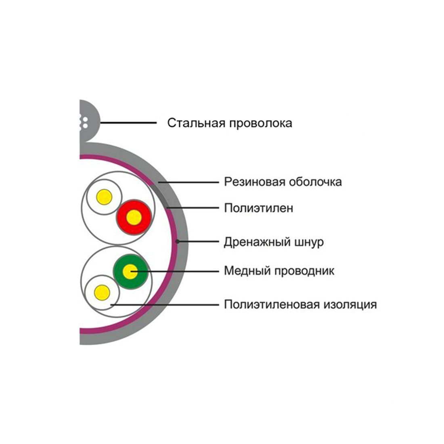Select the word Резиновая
click(x=255, y=182)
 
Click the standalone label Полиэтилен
click(x=259, y=208)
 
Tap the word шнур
click(x=309, y=242)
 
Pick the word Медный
click(x=247, y=270)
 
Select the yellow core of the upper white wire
click(x=104, y=197)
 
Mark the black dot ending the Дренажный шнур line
click(x=177, y=242)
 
